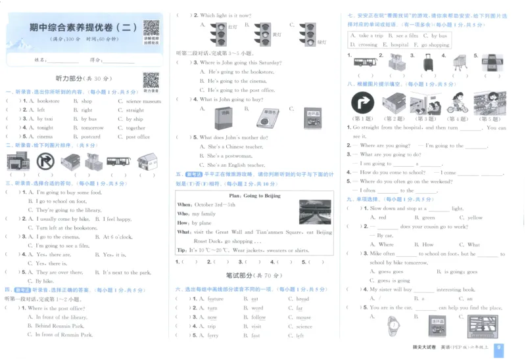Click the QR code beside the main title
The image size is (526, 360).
click(151, 30)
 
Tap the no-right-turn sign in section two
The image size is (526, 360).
click(45, 161)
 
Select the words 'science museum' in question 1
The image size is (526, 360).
click(143, 101)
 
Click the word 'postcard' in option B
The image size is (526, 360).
click(91, 137)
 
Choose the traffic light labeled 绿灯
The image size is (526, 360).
click(307, 32)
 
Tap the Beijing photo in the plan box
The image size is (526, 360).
click(316, 212)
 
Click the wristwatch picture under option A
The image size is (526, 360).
click(393, 325)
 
